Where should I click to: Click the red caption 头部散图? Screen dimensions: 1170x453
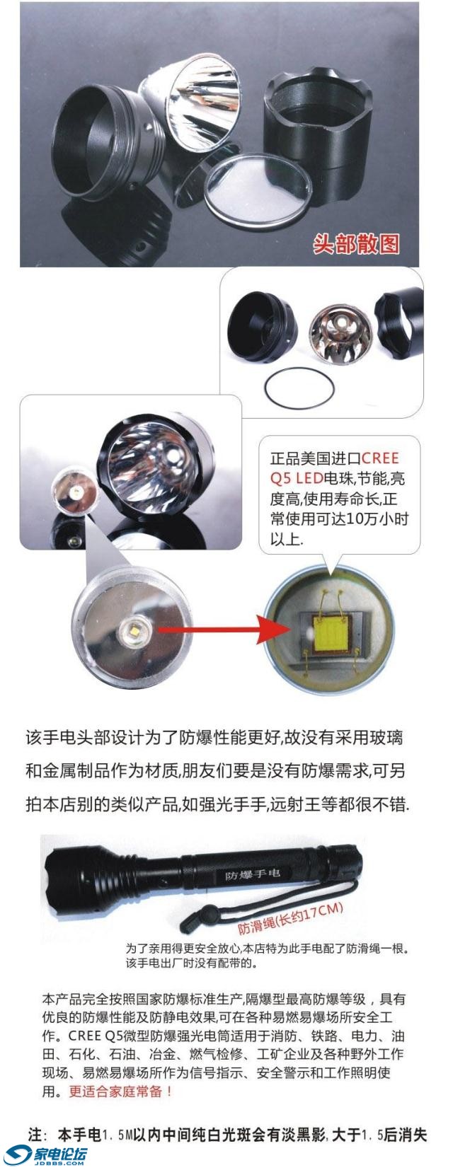[x=356, y=243]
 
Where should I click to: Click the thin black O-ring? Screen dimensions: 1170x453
[x=299, y=387]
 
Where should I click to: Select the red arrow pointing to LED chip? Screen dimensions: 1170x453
[x=219, y=627]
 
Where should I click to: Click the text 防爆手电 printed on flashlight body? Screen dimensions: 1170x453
[x=253, y=874]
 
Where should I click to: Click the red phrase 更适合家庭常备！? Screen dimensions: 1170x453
[x=121, y=1091]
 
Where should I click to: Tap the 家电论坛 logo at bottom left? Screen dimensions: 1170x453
[x=47, y=1154]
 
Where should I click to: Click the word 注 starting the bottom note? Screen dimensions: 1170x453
[x=35, y=1135]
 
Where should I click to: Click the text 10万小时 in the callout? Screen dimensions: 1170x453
[x=379, y=519]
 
